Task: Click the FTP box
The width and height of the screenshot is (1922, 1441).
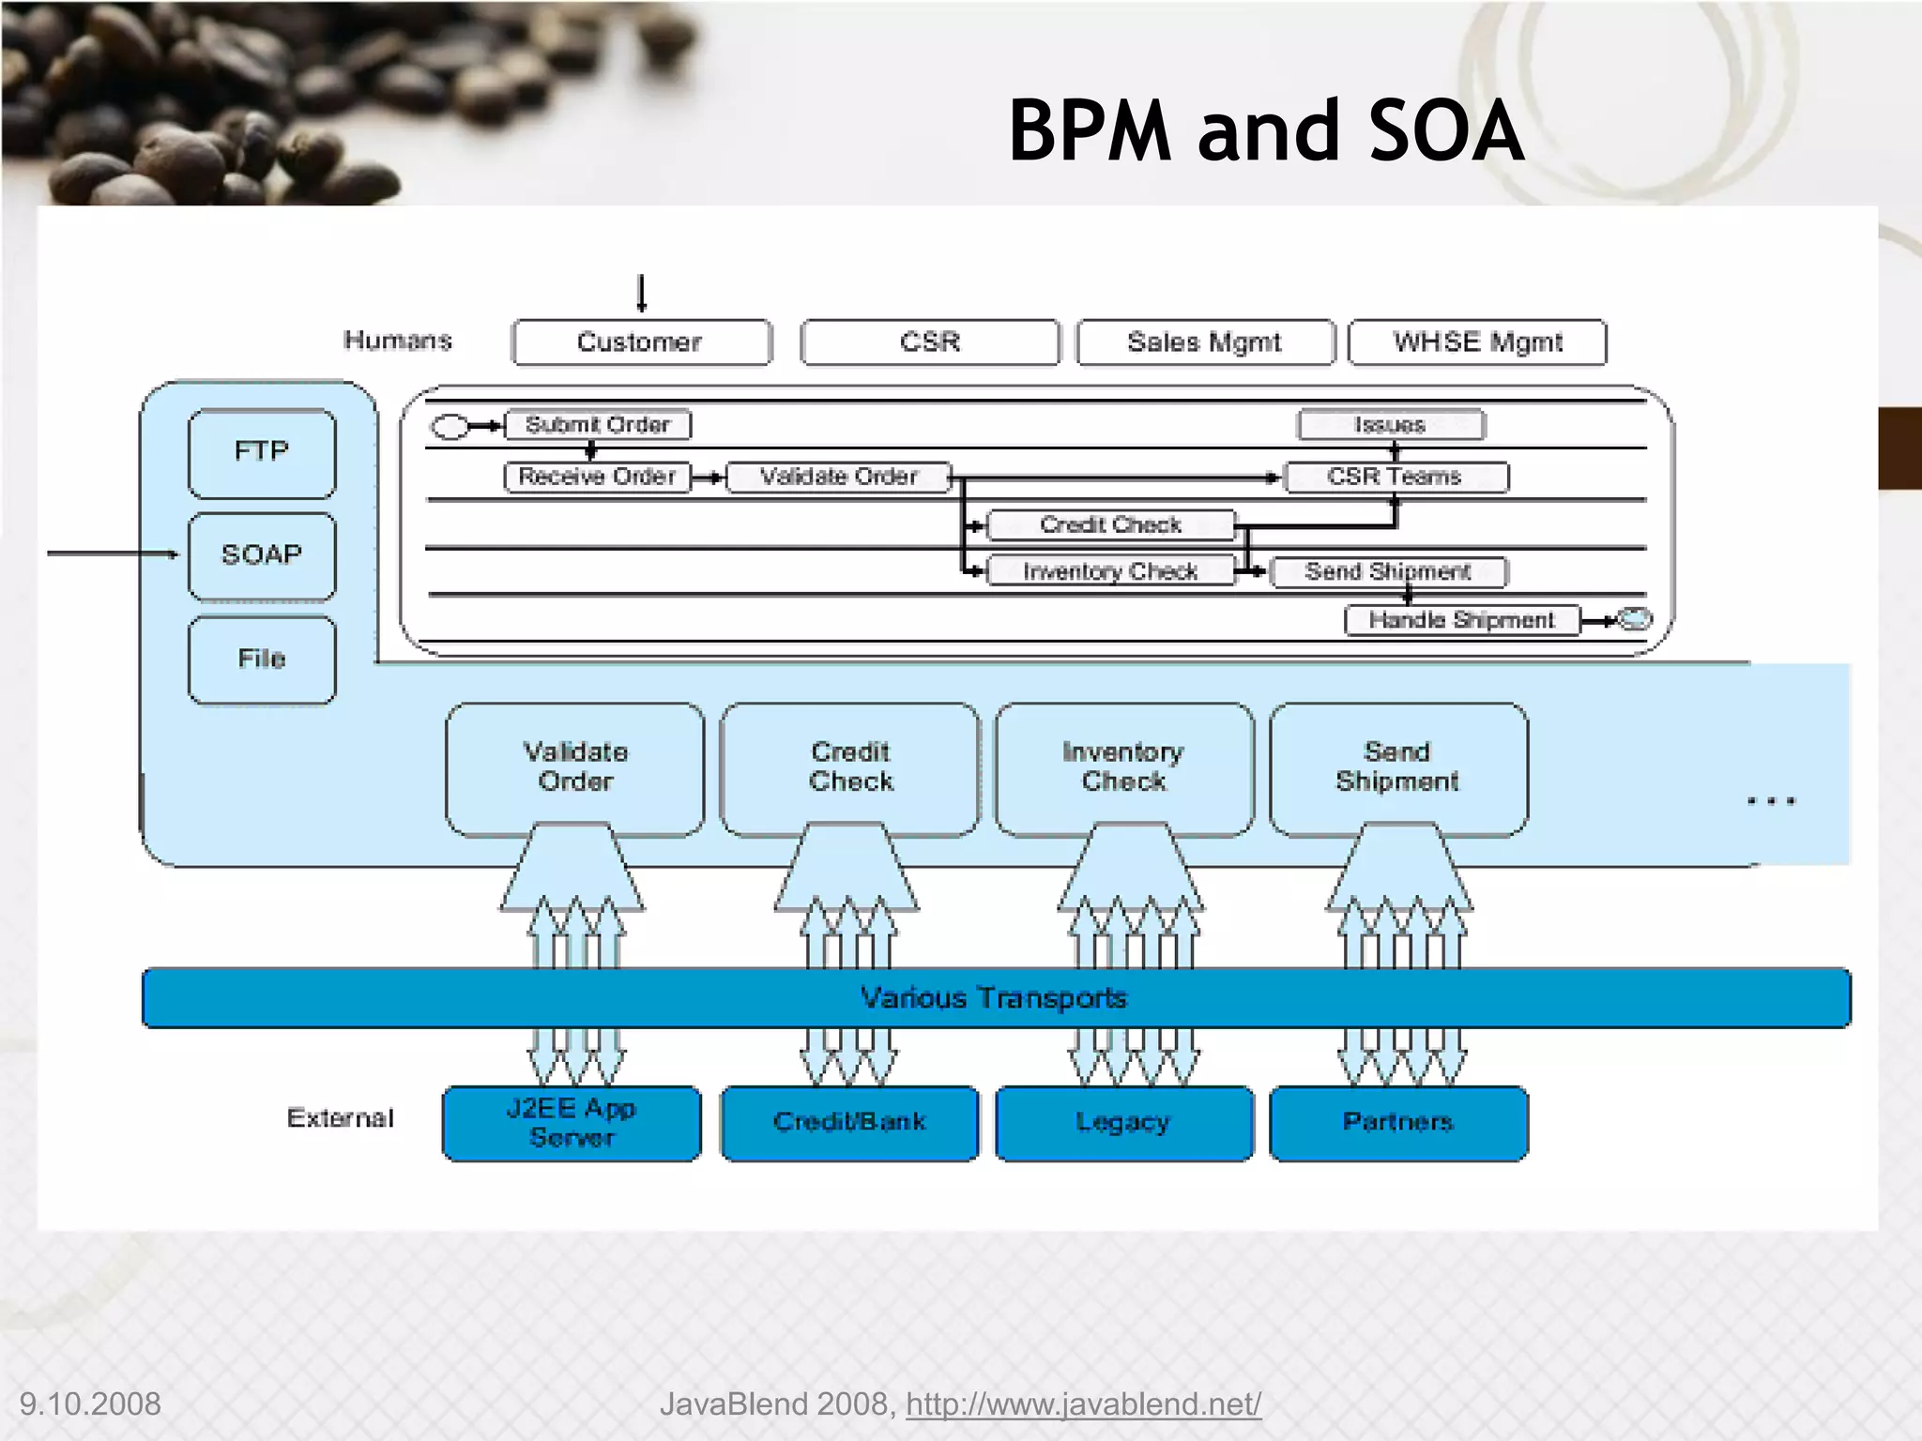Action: [262, 452]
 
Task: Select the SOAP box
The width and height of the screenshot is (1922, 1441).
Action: [262, 555]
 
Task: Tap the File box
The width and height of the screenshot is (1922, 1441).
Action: [262, 659]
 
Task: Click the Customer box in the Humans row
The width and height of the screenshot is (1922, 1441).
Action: [641, 342]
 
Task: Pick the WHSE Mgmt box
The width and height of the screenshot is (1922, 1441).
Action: [1477, 342]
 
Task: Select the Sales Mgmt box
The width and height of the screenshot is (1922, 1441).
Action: [1205, 342]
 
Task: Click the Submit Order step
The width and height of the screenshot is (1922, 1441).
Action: [598, 425]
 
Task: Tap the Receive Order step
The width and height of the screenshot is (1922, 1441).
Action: [597, 477]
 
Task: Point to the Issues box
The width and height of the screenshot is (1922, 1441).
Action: [1391, 425]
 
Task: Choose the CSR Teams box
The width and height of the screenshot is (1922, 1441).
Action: [1395, 477]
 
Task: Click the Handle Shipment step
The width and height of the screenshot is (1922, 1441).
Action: [1461, 620]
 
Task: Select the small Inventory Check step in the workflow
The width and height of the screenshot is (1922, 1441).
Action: [1110, 571]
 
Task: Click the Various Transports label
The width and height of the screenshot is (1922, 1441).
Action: [994, 997]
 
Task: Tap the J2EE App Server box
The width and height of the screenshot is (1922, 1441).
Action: [572, 1123]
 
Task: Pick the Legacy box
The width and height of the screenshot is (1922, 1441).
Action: [1123, 1123]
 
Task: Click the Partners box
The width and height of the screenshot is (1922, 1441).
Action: [1398, 1123]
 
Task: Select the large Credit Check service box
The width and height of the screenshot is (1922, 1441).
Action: [850, 767]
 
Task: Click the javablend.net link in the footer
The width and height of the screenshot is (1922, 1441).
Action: [1083, 1404]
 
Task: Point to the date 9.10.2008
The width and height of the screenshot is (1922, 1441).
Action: [90, 1404]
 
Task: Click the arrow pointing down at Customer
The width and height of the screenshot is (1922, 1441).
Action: [642, 294]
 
